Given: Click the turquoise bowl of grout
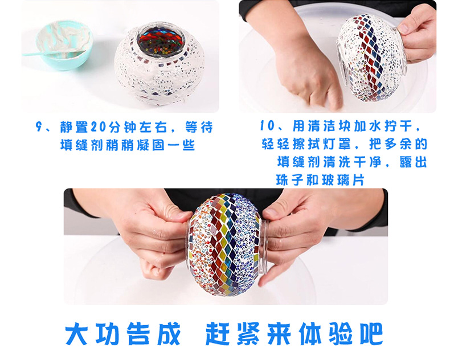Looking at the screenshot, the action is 64,45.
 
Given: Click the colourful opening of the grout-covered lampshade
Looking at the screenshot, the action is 160,39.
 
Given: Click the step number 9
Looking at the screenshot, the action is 39,126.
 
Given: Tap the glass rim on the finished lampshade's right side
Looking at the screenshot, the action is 264,246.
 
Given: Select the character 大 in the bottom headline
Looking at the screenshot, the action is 76,334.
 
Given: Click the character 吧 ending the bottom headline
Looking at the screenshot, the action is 371,334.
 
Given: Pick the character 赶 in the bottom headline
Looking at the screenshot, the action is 217,334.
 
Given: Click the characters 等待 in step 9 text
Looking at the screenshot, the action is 199,127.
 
